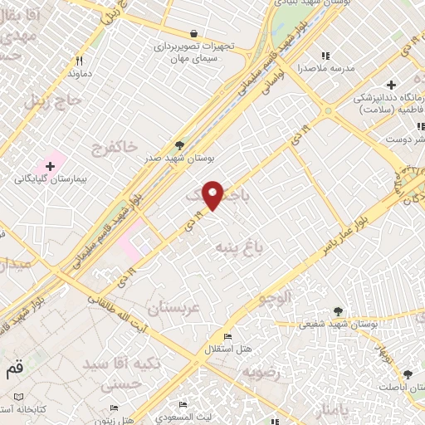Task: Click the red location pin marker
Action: tap(213, 195)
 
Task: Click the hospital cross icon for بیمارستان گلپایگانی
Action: tap(51, 167)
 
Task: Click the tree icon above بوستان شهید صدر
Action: tap(179, 144)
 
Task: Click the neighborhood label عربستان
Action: tap(173, 309)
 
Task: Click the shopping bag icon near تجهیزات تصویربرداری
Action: tap(193, 33)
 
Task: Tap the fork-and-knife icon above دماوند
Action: tap(80, 60)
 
